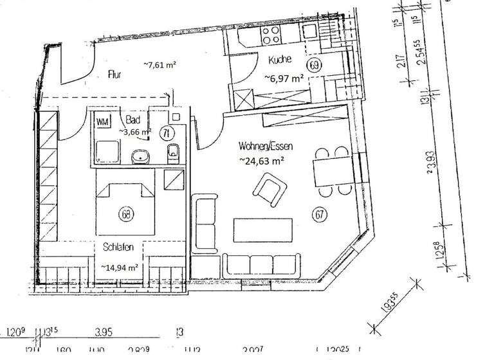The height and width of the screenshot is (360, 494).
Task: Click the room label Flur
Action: (114, 75)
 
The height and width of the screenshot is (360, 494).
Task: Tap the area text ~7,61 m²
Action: (160, 64)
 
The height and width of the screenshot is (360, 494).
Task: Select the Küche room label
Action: (280, 60)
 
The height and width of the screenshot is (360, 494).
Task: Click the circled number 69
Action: (315, 64)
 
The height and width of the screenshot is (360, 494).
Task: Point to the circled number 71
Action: (166, 133)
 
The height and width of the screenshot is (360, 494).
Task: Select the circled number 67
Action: (319, 214)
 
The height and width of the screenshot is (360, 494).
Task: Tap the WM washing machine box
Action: (102, 121)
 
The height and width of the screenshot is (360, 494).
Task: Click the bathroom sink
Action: (139, 156)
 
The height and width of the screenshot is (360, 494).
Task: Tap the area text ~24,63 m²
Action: (262, 160)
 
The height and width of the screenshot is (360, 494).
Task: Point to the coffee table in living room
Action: (263, 230)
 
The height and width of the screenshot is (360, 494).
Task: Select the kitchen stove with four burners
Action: (268, 31)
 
